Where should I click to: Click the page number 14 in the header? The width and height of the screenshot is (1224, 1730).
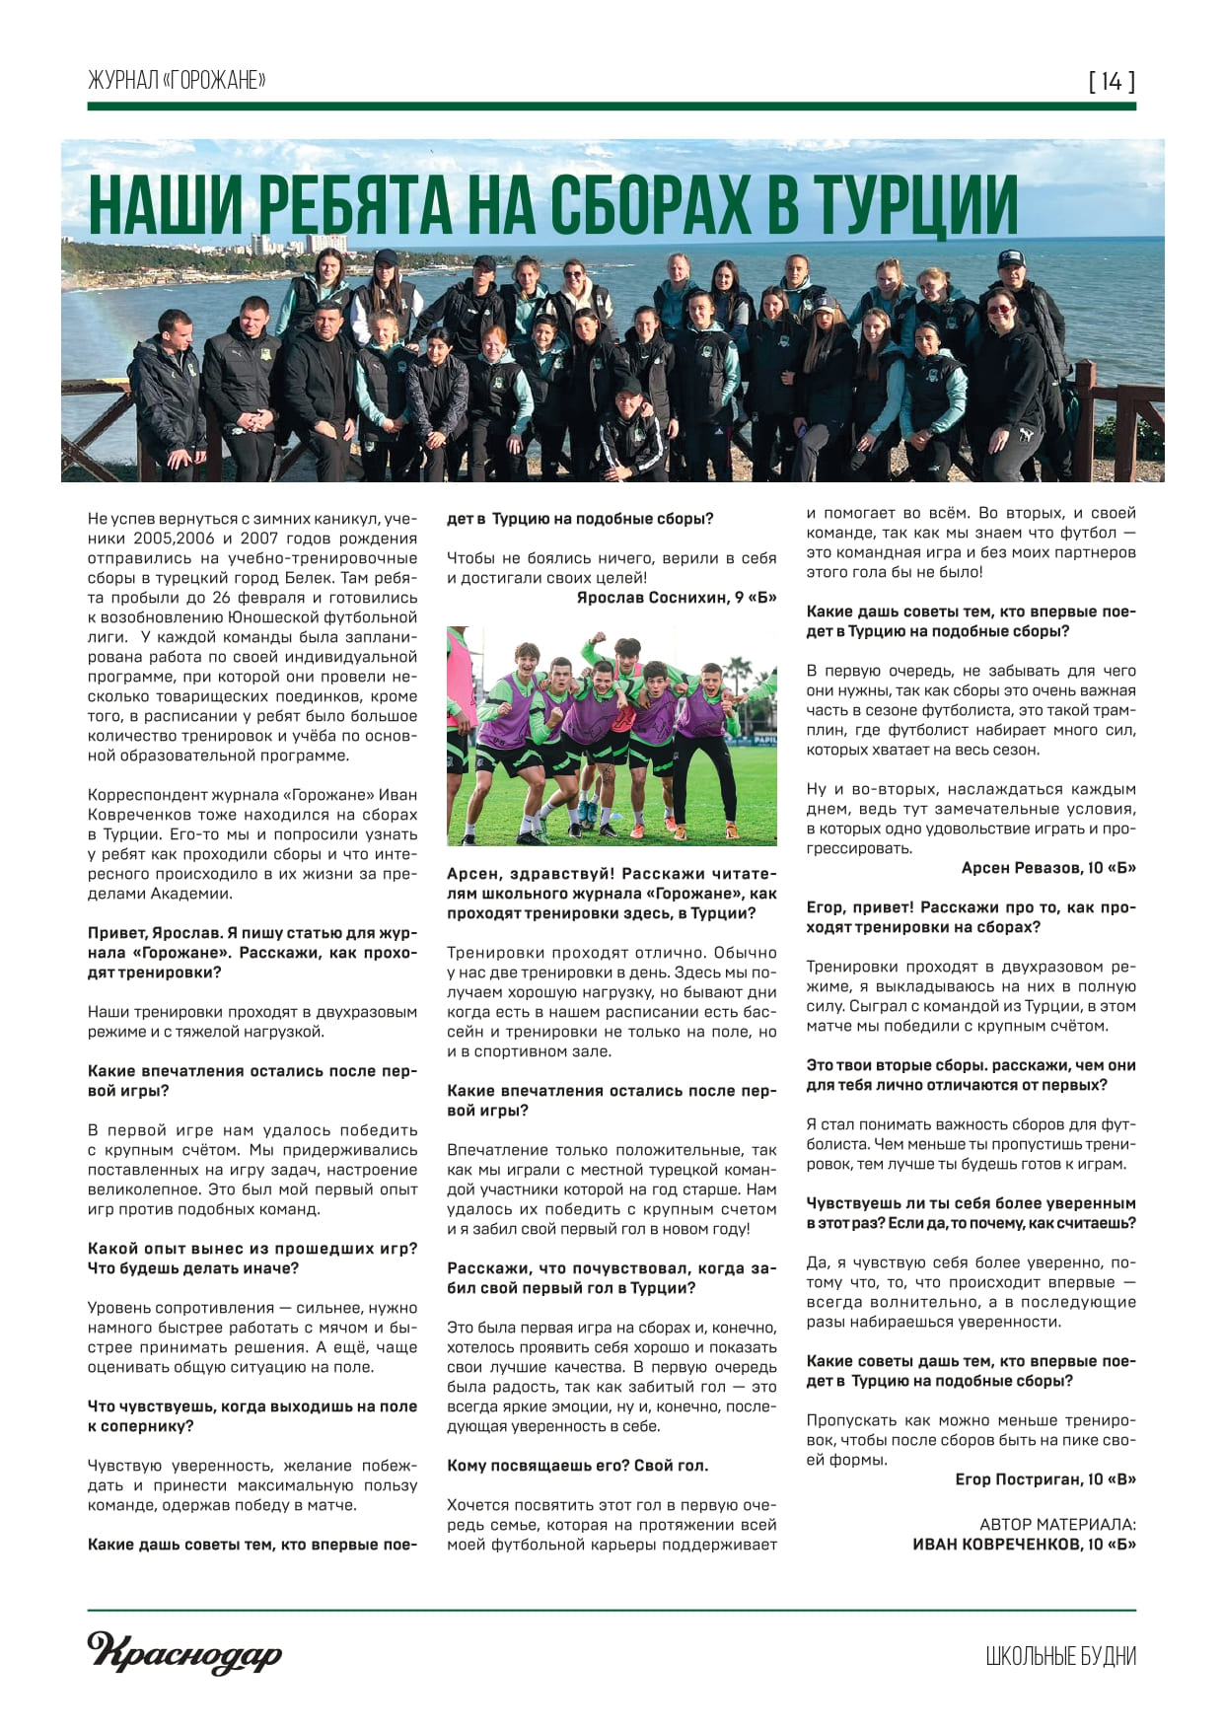[x=1112, y=81]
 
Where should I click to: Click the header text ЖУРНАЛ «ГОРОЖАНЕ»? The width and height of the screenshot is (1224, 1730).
[x=177, y=81]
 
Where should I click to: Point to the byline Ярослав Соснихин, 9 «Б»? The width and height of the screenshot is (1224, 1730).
[x=677, y=598]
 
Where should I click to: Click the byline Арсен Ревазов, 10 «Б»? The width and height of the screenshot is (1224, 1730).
[x=1048, y=868]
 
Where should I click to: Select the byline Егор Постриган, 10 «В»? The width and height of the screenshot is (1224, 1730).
[x=1045, y=1479]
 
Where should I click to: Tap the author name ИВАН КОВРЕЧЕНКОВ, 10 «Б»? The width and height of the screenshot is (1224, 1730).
[x=1024, y=1545]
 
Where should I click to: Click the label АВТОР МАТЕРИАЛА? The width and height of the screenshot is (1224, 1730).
[x=1057, y=1525]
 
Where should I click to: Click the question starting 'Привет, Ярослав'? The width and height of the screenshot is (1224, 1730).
[x=252, y=953]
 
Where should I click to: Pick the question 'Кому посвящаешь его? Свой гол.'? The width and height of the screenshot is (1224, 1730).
[x=577, y=1466]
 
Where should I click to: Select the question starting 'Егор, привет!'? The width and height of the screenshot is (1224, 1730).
[x=971, y=917]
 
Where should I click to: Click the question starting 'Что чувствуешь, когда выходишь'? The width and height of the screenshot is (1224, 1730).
[x=252, y=1416]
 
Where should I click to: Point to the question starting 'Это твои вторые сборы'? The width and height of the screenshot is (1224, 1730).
[x=971, y=1075]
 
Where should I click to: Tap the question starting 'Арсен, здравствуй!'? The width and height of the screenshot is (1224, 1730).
[x=612, y=894]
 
